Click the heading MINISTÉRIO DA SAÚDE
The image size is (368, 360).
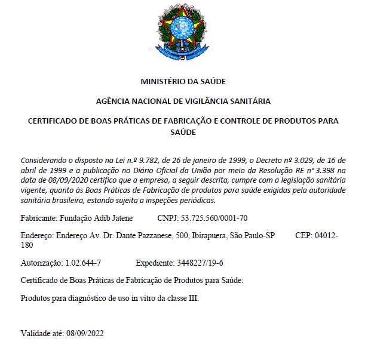[x=183, y=81]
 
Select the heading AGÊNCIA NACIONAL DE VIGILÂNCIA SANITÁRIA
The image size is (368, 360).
[x=183, y=101]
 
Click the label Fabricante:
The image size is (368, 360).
[x=39, y=218]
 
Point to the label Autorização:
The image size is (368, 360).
[x=41, y=262]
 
